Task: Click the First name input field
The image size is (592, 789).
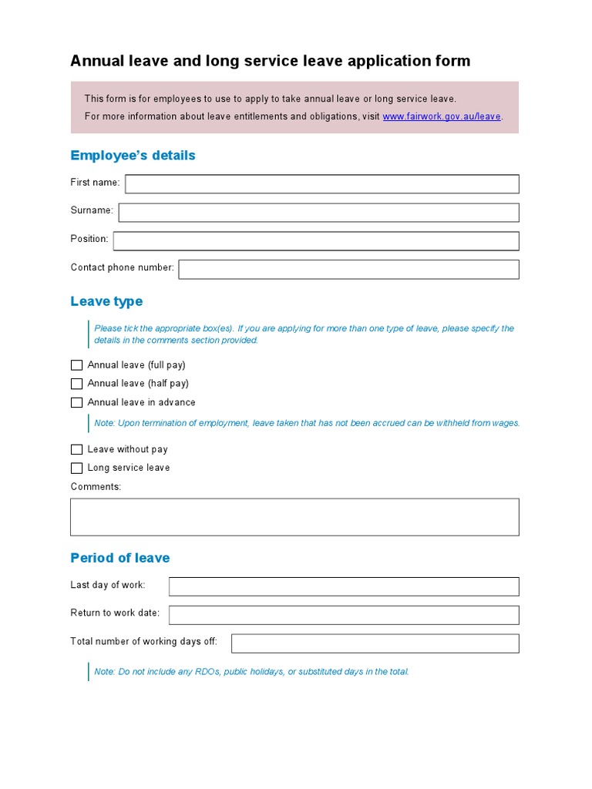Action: pos(321,183)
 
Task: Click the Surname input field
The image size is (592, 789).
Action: pos(318,212)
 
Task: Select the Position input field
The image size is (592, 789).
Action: pos(316,241)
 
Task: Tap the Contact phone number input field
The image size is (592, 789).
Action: pos(348,269)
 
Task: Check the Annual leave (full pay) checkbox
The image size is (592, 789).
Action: pos(76,365)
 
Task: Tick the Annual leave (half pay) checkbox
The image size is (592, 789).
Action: pos(76,384)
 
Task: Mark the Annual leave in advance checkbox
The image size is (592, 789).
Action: pos(76,402)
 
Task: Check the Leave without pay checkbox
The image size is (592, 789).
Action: pos(76,449)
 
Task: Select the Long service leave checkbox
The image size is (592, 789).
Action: pos(76,468)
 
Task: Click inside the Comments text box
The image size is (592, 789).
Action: pos(294,516)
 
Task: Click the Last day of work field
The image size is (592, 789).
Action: pos(344,586)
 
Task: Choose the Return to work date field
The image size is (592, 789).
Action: pos(344,614)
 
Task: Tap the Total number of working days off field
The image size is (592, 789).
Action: pos(375,643)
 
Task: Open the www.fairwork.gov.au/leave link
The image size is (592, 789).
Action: pos(442,117)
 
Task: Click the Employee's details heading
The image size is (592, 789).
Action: pos(133,156)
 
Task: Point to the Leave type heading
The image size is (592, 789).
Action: pos(106,301)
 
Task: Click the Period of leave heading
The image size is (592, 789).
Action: pos(119,558)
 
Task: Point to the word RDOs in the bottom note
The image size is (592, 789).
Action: pos(207,672)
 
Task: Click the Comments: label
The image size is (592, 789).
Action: pos(96,487)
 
